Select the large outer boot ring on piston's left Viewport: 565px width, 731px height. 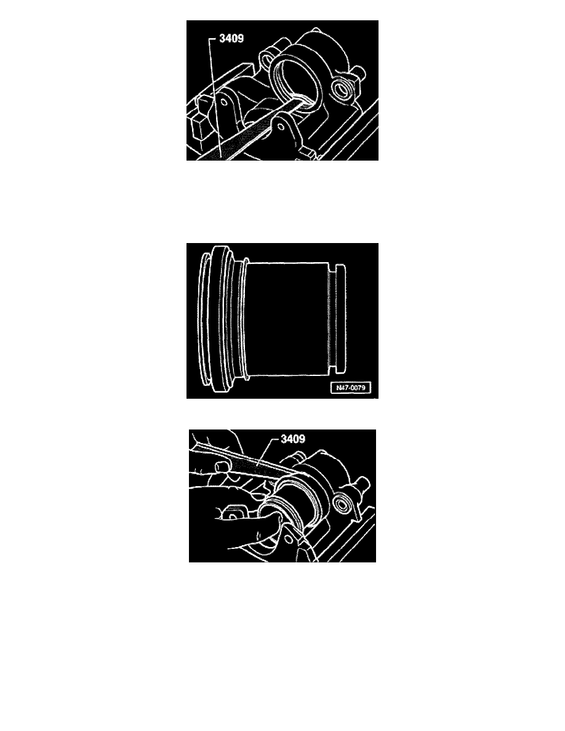212,320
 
